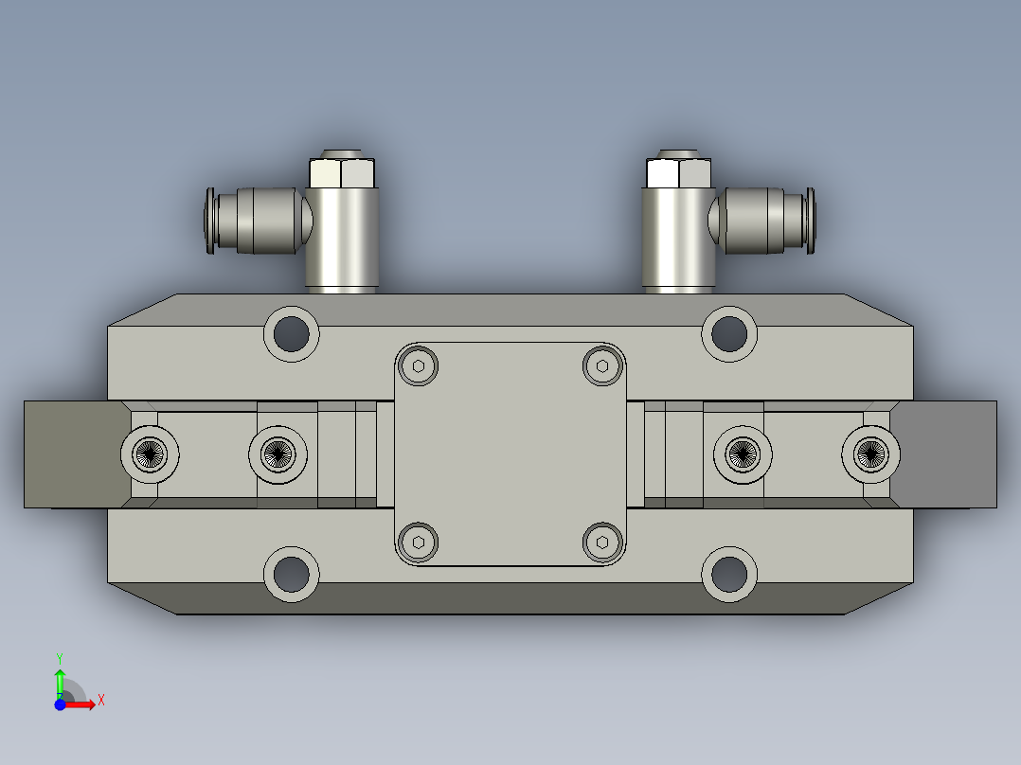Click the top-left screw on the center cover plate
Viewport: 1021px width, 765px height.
point(419,366)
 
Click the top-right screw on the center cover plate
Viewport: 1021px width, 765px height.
point(601,366)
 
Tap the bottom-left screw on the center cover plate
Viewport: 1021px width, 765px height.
point(419,542)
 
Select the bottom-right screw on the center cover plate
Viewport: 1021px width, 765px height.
point(601,542)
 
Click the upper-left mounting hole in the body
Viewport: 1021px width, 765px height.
point(292,332)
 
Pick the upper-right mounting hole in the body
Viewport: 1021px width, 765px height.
point(729,332)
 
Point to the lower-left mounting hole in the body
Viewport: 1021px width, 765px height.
point(292,574)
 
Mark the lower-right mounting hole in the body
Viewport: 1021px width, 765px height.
point(729,574)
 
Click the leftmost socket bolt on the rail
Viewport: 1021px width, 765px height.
point(150,455)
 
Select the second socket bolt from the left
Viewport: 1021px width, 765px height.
point(278,455)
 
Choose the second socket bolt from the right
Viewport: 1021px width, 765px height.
point(743,455)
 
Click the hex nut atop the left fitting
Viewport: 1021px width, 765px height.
point(343,173)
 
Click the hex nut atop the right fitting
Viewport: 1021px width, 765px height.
point(678,173)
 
